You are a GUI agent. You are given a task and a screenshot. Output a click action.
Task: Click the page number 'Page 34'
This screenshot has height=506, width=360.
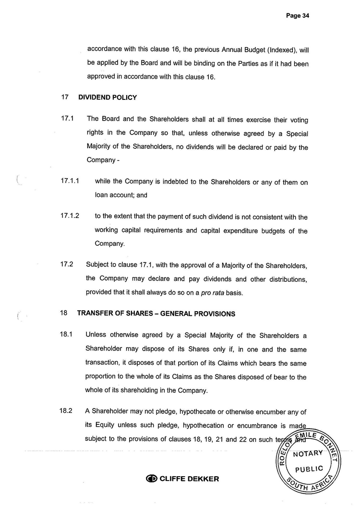[297, 15]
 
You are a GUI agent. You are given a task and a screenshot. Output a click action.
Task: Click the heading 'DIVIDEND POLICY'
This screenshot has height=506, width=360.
[108, 97]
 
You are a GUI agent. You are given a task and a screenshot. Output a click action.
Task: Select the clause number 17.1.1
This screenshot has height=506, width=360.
[70, 181]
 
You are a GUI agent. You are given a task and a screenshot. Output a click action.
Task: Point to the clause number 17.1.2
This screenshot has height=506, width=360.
[70, 216]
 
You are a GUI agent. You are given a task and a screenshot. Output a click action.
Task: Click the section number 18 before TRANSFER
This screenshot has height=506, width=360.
[64, 313]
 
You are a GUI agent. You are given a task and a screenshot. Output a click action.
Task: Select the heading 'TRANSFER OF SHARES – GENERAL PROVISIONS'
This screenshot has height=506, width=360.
[156, 314]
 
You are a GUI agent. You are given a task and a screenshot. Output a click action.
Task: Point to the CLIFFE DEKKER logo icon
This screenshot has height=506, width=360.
[152, 479]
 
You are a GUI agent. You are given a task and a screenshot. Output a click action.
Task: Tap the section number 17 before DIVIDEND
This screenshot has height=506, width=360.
[64, 97]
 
